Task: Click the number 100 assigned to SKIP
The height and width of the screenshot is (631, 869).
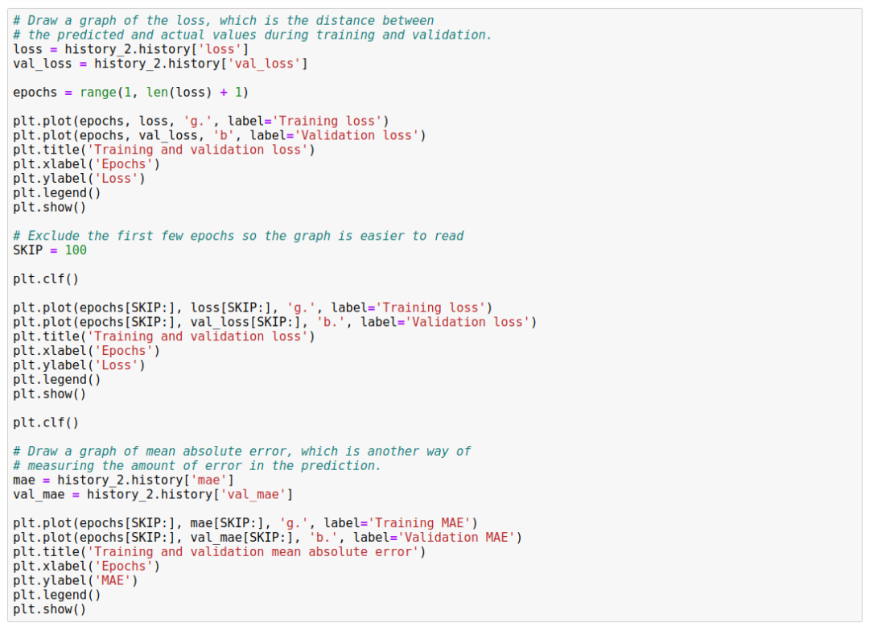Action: tap(76, 250)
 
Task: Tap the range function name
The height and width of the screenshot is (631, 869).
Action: tap(97, 93)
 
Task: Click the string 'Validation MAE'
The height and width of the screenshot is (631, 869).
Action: tap(456, 538)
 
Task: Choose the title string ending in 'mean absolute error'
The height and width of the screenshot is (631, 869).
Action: tap(257, 552)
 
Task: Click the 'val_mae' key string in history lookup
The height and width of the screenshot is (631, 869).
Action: tap(255, 494)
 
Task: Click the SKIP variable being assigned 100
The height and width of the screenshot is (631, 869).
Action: tap(27, 250)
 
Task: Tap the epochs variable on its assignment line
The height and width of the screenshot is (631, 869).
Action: tap(35, 93)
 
